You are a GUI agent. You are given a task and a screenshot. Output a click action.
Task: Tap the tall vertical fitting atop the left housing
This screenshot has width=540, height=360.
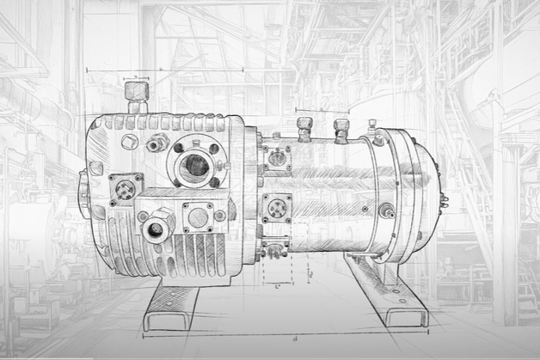(x=135, y=96)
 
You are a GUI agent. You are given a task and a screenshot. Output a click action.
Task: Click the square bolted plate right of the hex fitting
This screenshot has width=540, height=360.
(x=198, y=216)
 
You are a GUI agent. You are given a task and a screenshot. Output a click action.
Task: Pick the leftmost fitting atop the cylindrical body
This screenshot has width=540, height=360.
(x=304, y=129)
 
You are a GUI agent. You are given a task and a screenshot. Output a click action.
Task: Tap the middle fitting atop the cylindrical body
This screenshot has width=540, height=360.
(x=341, y=130)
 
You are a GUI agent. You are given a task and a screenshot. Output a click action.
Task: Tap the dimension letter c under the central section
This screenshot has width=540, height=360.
(x=276, y=286)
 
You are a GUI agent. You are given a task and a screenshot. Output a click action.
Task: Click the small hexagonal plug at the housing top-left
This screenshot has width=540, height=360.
(x=130, y=140)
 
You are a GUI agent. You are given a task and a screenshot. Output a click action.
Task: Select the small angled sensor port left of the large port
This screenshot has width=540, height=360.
(x=156, y=145)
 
